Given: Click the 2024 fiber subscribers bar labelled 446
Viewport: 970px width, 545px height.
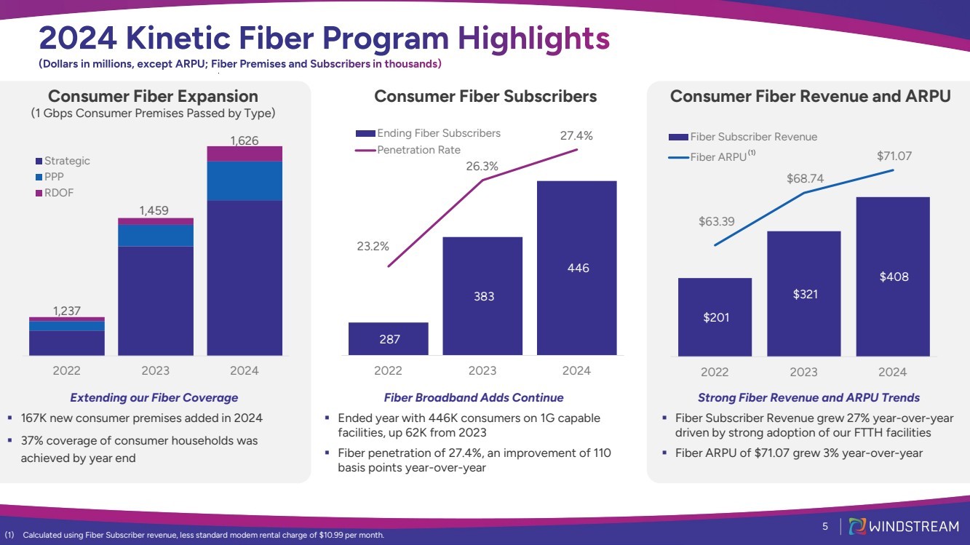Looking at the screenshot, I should point(576,268).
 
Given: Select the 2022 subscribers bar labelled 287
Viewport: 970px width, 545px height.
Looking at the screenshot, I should point(388,338).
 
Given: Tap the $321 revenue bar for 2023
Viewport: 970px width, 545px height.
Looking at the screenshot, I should point(803,293).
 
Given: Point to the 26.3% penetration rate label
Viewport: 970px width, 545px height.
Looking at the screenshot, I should point(482,166).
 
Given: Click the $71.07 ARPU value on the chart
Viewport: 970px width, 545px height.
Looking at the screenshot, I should point(894,156).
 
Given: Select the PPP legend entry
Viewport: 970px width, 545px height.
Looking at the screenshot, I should point(55,177).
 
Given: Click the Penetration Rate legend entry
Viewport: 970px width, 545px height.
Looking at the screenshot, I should point(418,150).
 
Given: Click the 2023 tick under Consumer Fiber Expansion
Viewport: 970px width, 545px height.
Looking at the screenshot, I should point(155,370).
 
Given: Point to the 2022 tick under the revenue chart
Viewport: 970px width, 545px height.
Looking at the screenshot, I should point(715,372).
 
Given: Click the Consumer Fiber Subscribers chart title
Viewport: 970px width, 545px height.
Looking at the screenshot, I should point(485,96).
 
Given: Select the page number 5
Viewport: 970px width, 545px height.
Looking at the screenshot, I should point(825,526).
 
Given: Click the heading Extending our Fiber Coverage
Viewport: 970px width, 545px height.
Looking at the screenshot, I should point(154,397).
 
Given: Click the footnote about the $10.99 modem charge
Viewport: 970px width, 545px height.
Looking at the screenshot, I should point(202,536).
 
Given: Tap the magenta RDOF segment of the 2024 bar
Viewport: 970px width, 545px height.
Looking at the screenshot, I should point(245,154).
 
